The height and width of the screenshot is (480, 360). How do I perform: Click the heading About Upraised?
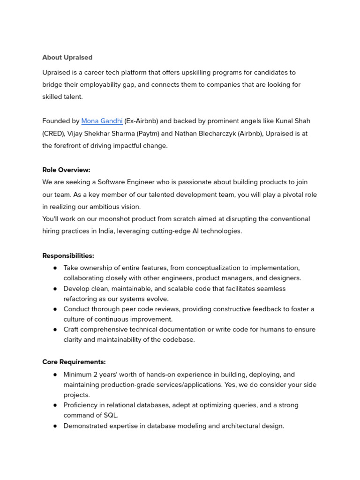point(67,58)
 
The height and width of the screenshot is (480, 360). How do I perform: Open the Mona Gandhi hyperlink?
point(102,121)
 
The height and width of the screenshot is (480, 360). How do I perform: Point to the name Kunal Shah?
point(292,121)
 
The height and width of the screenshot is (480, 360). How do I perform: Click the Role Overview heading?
point(66,170)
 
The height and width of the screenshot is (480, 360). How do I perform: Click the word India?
point(105,231)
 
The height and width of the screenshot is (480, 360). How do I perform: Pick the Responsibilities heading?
point(68,255)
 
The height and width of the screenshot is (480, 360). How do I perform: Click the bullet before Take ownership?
point(55,268)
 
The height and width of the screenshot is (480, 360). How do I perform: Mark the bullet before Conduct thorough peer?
point(55,309)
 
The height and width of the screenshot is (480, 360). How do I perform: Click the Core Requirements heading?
point(74,362)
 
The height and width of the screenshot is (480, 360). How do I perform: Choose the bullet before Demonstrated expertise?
point(55,426)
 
